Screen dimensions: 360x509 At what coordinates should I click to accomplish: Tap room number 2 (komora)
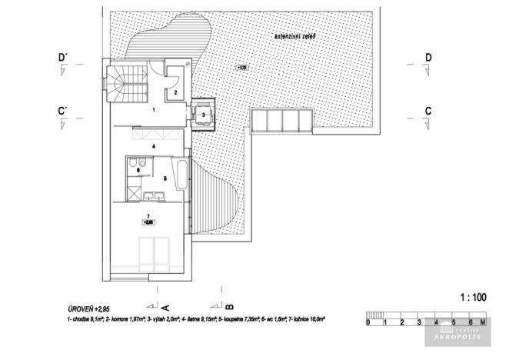pos(175,92)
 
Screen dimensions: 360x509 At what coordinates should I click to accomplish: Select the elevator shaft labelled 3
pos(203,115)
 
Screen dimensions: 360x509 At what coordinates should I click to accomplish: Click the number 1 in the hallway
pos(153,111)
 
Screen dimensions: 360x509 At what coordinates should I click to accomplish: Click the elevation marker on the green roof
pos(243,68)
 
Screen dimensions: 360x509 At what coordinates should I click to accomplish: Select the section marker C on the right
pos(428,111)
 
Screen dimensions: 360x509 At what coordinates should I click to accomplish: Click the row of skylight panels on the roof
pos(281,121)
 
